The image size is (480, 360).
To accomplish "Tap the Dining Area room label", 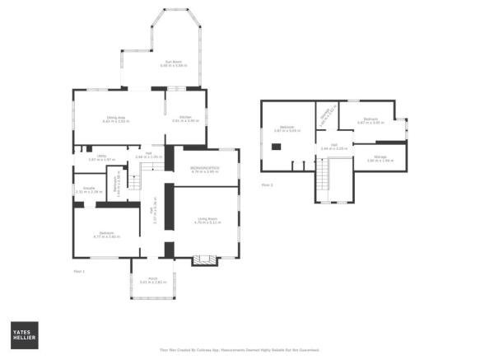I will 114,119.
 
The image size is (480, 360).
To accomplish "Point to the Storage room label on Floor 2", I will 378,160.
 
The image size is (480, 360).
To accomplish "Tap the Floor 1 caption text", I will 79,269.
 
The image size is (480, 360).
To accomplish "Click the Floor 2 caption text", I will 267,185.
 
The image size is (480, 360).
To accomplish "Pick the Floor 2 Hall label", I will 335,147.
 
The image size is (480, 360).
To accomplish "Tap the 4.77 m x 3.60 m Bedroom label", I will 105,235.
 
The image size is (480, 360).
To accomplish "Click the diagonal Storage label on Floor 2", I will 327,115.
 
